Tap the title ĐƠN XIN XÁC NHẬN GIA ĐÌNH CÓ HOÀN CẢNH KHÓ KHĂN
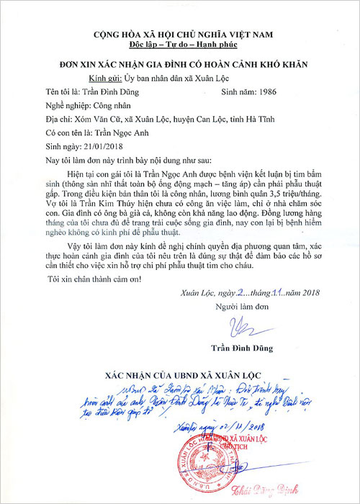coord(180,65)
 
